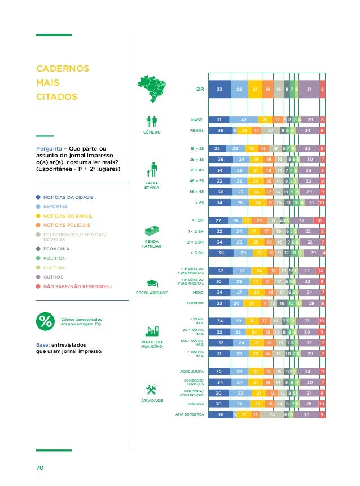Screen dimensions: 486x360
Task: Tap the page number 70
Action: (40, 467)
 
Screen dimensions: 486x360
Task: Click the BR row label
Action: (199, 89)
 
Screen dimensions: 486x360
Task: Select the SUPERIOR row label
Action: (195, 303)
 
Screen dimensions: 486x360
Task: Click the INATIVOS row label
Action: (195, 404)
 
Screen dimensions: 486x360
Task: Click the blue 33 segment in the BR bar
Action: (219, 89)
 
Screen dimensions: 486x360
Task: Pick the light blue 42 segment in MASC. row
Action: (243, 120)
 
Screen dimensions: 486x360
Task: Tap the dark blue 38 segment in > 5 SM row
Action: (220, 253)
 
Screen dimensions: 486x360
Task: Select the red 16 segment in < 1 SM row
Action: (319, 220)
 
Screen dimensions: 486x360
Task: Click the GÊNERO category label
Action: (152, 132)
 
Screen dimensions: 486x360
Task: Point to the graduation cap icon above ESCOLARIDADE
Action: (152, 283)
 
